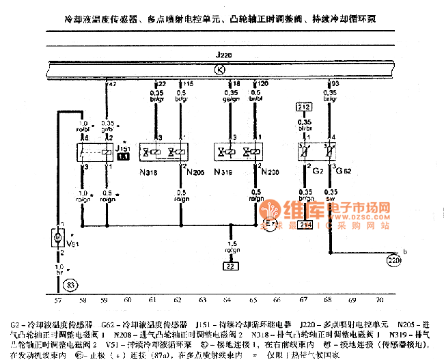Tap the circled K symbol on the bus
click(x=219, y=68)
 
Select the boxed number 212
click(x=303, y=107)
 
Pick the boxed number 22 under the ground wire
click(x=231, y=266)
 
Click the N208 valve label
click(x=268, y=172)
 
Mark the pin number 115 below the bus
click(x=187, y=83)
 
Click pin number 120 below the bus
click(x=262, y=83)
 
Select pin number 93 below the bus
click(x=335, y=83)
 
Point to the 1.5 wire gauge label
click(x=232, y=243)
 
